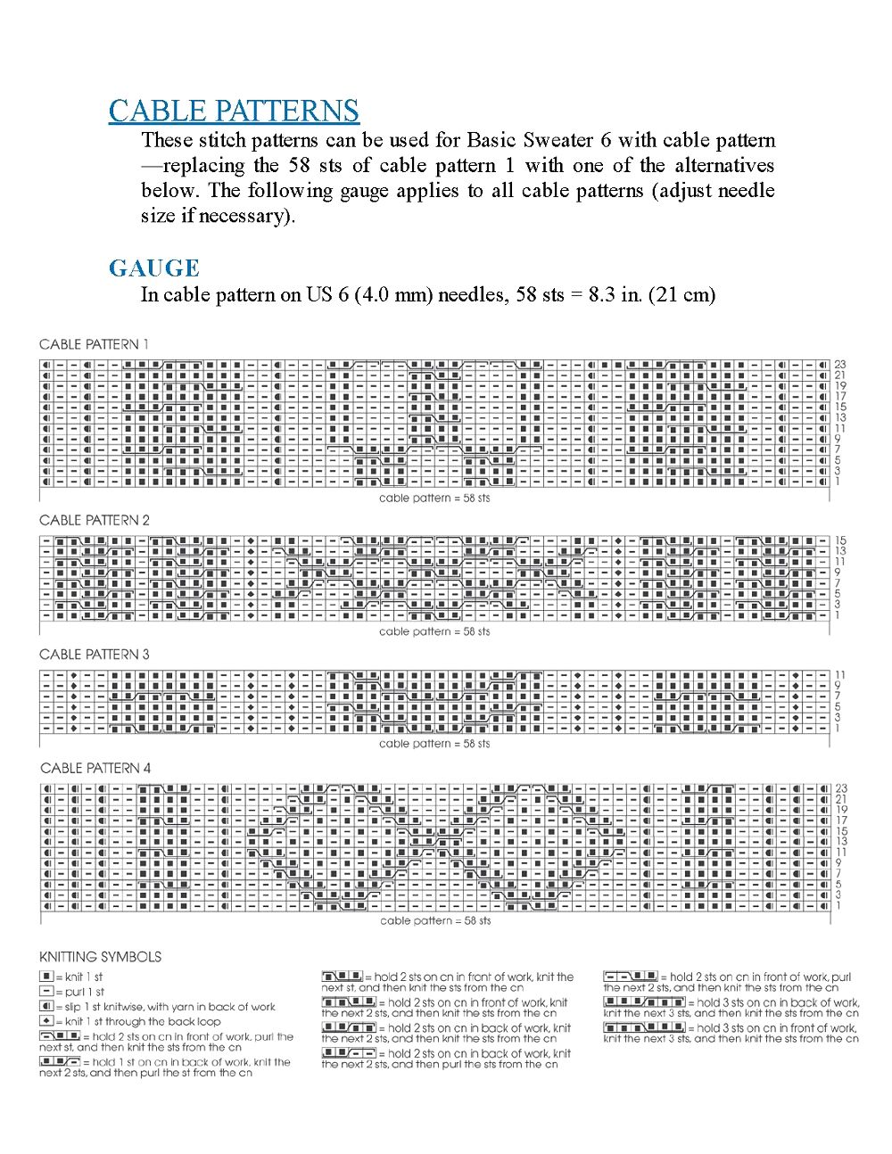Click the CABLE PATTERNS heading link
(x=234, y=111)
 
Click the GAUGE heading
(x=153, y=268)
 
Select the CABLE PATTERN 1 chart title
(x=94, y=344)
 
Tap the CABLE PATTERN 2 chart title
(x=95, y=520)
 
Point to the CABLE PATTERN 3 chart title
(x=95, y=655)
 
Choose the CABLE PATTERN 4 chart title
(x=95, y=768)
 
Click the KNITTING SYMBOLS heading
(x=100, y=957)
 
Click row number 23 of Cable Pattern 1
(x=840, y=365)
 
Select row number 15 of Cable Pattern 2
(x=840, y=540)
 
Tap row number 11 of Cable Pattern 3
(x=839, y=675)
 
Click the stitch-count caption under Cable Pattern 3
(x=434, y=744)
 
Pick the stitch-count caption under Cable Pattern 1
(x=434, y=499)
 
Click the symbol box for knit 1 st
(x=46, y=977)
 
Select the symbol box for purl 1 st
(x=46, y=992)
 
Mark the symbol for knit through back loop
(x=46, y=1021)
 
